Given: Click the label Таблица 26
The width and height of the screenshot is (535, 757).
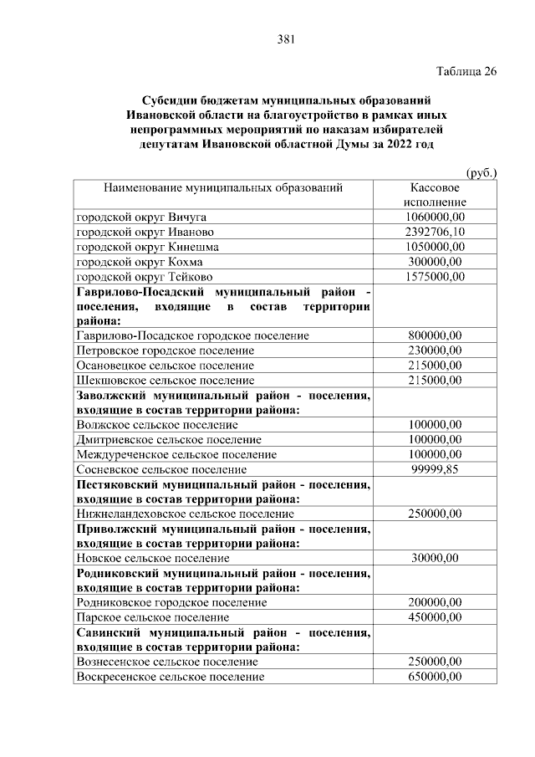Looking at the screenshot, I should click(466, 71).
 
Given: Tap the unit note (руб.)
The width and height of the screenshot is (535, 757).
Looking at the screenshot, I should click(480, 172).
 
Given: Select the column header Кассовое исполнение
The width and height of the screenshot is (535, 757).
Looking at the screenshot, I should click(434, 196).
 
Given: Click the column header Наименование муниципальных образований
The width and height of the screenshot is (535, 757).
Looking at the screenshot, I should click(223, 188).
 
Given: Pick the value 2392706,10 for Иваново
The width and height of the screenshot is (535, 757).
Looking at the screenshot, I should click(435, 232).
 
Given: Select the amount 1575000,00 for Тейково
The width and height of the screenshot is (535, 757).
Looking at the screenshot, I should click(434, 277).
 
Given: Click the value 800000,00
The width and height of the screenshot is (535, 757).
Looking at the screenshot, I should click(435, 335).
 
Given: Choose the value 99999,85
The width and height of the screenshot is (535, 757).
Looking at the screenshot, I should click(435, 469).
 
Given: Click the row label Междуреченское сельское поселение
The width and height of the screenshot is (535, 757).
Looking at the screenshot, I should click(176, 454).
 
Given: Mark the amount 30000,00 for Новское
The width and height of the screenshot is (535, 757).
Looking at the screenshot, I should click(435, 558).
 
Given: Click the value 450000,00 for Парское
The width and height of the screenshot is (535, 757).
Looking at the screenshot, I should click(435, 617).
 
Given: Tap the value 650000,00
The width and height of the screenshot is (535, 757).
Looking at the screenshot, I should click(435, 676).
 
